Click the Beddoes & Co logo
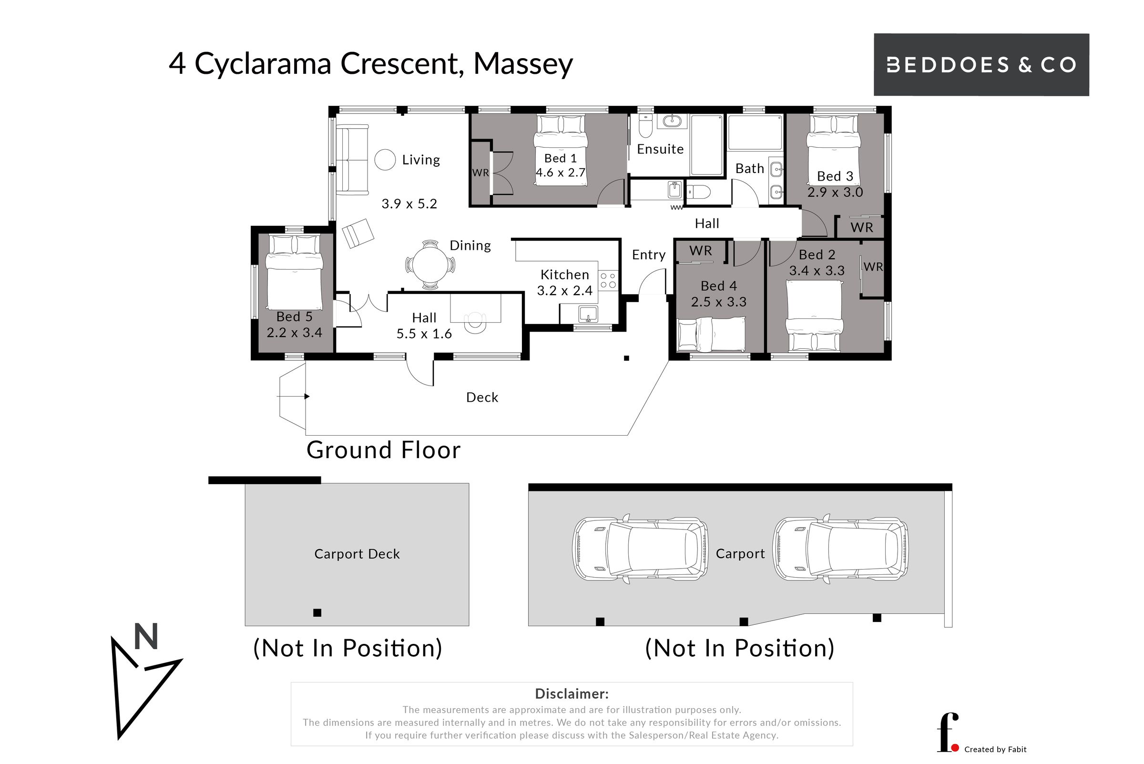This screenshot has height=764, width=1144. (981, 64)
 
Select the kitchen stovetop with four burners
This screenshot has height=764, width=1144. (608, 280)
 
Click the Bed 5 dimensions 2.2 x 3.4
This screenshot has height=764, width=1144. (294, 332)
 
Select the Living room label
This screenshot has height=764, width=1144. (421, 160)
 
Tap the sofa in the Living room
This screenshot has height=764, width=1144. (352, 160)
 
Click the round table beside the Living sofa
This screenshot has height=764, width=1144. (385, 160)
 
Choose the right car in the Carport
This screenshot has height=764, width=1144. (841, 548)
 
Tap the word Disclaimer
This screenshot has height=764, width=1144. (572, 694)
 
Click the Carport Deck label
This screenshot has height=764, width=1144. (357, 554)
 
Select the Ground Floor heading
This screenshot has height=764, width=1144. (383, 450)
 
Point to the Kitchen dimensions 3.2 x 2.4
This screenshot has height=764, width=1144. (565, 290)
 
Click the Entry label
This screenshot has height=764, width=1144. (648, 255)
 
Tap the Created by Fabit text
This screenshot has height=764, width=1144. (995, 749)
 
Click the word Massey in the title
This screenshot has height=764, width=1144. (523, 64)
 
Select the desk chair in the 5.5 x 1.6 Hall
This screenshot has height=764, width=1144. (475, 322)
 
